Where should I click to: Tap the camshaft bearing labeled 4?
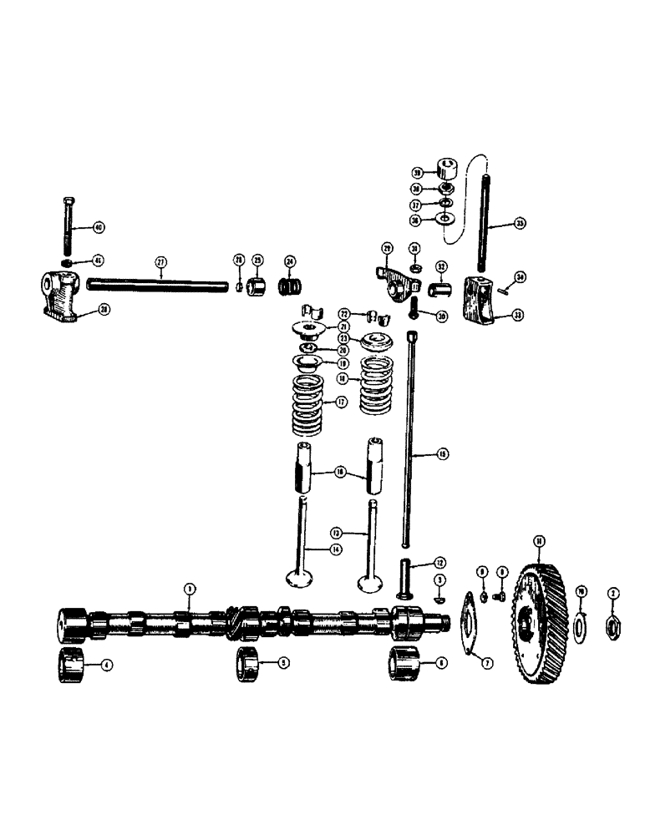click(x=72, y=666)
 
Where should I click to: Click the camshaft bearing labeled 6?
click(x=404, y=664)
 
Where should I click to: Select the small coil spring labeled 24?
click(x=288, y=285)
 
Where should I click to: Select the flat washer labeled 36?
click(x=446, y=220)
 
